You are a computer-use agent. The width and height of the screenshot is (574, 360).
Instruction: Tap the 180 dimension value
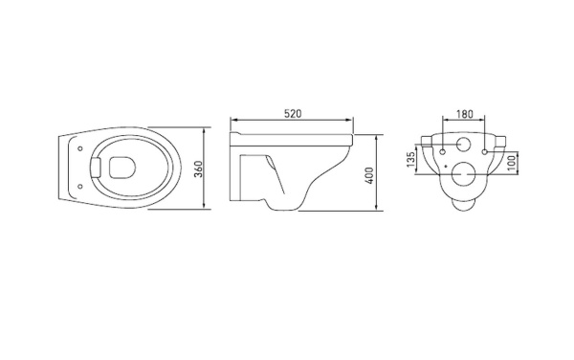click(x=464, y=114)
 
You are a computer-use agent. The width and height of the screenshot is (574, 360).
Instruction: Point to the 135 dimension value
click(x=411, y=158)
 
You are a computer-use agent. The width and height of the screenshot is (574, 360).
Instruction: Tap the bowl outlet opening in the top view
click(x=121, y=169)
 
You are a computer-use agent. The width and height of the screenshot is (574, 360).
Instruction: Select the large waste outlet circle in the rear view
click(x=464, y=175)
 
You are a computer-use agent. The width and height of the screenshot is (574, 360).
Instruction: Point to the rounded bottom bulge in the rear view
click(x=464, y=201)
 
